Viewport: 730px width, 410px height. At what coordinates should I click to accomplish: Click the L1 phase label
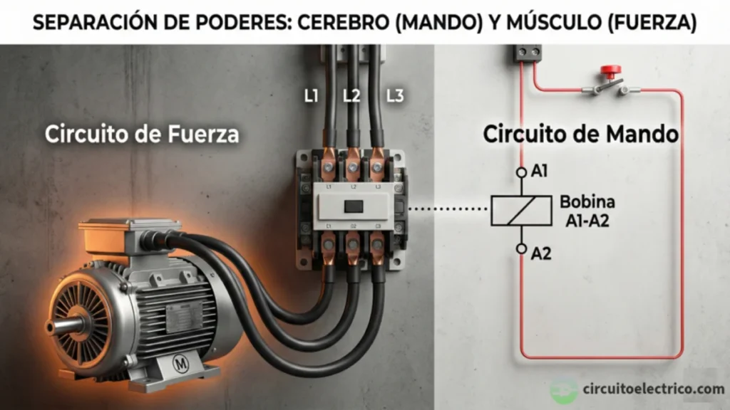pos(311,95)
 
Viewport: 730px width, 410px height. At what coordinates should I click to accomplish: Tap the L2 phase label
pos(351,95)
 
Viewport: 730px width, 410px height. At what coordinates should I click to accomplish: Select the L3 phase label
pos(394,95)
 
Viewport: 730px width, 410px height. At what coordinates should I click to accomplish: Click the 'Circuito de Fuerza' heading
pos(142,133)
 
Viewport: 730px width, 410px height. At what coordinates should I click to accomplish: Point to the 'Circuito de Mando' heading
pos(580,133)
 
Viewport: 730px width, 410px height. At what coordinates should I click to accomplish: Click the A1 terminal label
pos(540,172)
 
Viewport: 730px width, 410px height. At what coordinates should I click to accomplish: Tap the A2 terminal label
pos(542,252)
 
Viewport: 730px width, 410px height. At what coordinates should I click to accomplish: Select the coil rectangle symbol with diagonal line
pos(521,210)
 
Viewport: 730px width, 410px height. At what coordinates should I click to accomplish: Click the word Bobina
pos(587,201)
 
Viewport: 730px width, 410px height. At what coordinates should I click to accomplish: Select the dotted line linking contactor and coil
pos(449,209)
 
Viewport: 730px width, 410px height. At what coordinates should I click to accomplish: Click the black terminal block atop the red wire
pos(528,53)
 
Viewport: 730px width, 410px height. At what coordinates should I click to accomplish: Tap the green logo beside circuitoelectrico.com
pos(564,391)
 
